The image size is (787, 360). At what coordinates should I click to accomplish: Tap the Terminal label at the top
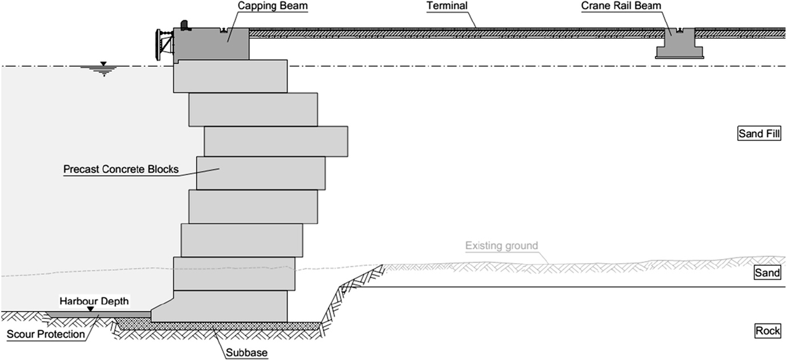447,6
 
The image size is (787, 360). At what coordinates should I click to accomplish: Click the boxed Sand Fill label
758,135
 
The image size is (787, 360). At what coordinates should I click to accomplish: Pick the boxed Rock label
767,331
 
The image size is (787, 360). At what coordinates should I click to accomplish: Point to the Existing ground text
501,246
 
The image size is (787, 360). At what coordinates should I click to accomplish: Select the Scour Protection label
46,334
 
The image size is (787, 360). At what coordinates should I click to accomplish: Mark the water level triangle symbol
103,63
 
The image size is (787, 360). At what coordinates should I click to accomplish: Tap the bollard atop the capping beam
185,25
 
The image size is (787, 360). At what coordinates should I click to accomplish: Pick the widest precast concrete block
276,141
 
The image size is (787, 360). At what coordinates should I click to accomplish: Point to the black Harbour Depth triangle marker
90,309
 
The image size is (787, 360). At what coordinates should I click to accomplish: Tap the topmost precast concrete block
230,76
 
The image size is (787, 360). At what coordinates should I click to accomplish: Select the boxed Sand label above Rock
767,273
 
